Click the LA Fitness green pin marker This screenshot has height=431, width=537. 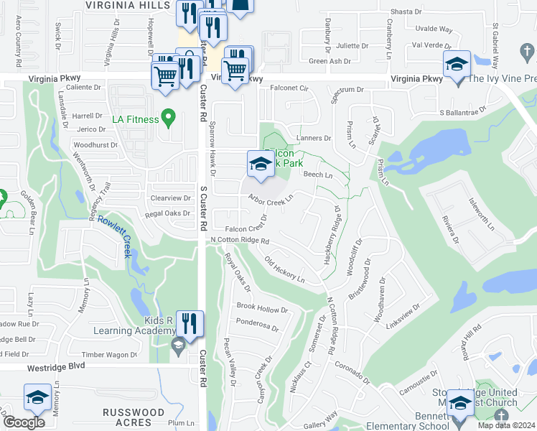pos(169,116)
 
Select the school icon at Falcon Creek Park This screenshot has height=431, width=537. pos(260,164)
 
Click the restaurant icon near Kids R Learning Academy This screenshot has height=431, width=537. pos(189,324)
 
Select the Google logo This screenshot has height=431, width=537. pos(24,422)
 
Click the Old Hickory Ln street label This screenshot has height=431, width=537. pos(284,269)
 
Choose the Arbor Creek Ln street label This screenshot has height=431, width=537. pos(271,198)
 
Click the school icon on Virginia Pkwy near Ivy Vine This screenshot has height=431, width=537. pos(457,65)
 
